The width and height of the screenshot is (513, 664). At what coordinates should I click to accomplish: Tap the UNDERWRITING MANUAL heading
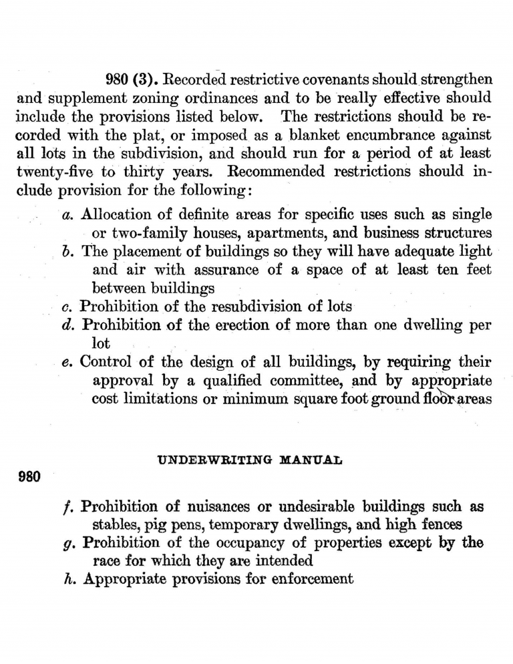[250, 460]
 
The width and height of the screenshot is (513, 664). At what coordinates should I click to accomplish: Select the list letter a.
[66, 216]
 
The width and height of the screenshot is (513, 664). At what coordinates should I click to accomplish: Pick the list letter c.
[66, 307]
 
